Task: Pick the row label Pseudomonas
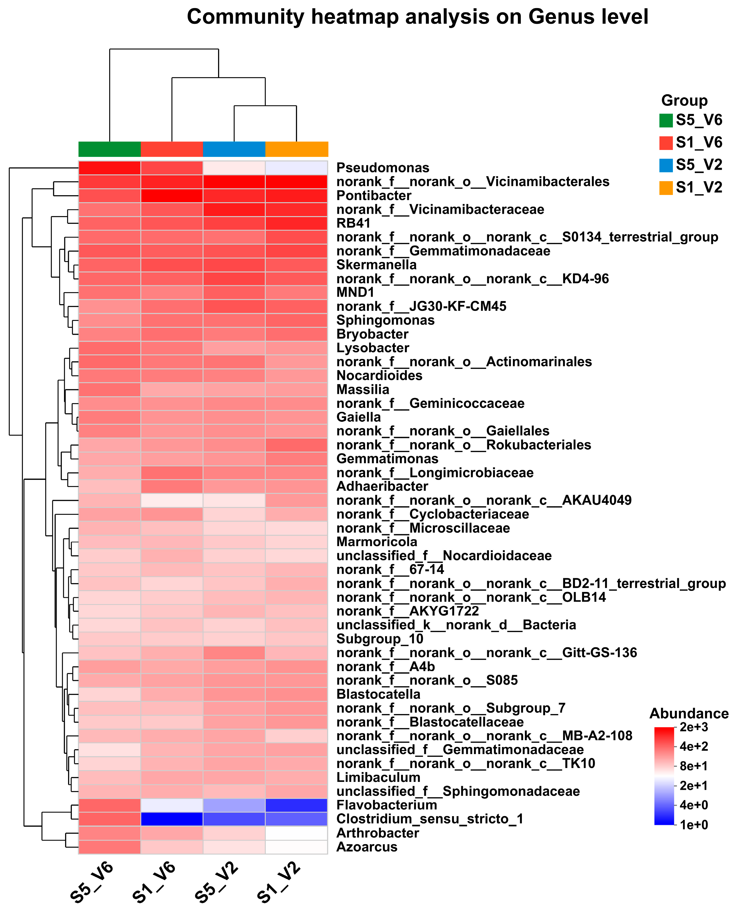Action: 382,168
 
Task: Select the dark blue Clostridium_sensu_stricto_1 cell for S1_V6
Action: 172,819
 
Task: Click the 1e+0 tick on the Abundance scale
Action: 693,825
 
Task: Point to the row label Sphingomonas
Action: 385,320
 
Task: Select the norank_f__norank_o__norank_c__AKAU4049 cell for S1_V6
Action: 172,500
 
